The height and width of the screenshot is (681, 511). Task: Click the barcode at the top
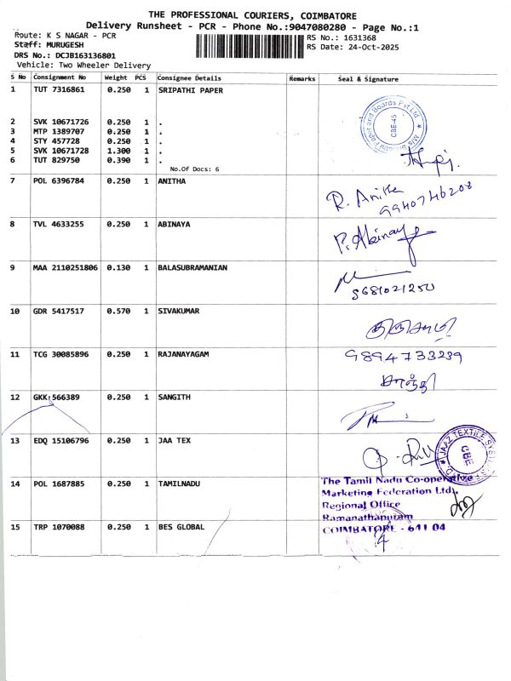(250, 44)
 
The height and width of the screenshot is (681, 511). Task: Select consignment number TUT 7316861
(59, 89)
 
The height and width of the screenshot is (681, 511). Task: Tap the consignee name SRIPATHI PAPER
(187, 89)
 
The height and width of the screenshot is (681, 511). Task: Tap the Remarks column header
(302, 78)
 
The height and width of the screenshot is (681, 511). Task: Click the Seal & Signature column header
(368, 78)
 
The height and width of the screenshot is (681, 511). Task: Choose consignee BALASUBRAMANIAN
(192, 267)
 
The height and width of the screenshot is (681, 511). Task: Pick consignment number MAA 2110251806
(66, 267)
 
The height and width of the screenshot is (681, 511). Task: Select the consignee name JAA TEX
(174, 441)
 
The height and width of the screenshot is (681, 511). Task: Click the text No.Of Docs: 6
(194, 169)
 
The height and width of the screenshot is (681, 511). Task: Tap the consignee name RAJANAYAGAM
(184, 353)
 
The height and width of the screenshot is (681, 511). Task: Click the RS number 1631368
(359, 37)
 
